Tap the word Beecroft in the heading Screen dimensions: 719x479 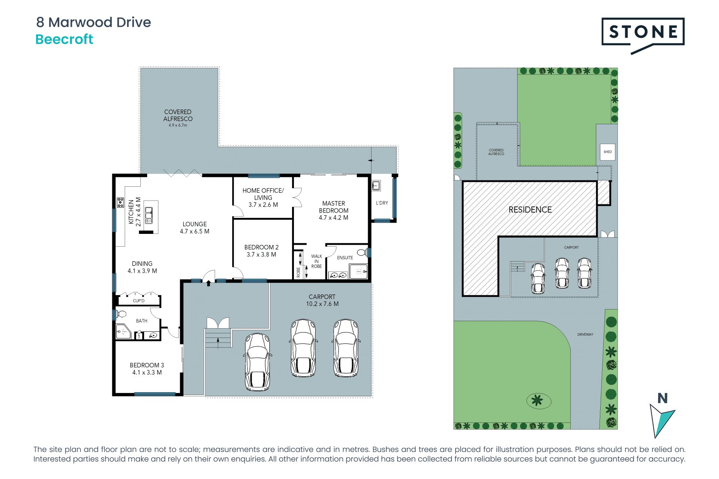pos(64,39)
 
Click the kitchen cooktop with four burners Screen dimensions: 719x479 pos(120,202)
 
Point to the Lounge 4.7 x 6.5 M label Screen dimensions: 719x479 pos(194,228)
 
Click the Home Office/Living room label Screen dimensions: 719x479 pos(263,197)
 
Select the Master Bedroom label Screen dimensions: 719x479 pos(333,210)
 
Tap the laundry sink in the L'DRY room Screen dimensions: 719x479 pos(376,186)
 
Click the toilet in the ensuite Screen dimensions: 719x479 pos(362,252)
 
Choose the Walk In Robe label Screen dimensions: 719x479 pos(316,261)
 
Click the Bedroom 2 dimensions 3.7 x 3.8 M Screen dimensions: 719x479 pos(261,254)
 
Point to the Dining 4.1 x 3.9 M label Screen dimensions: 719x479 pos(142,267)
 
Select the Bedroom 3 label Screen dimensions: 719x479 pos(147,369)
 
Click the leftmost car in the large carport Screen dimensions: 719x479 pos(258,362)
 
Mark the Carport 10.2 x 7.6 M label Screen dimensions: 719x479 pos(322,300)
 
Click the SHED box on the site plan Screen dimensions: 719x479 pos(607,152)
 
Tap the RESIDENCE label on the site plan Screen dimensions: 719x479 pos(530,210)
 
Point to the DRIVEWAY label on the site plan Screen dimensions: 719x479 pos(585,335)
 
